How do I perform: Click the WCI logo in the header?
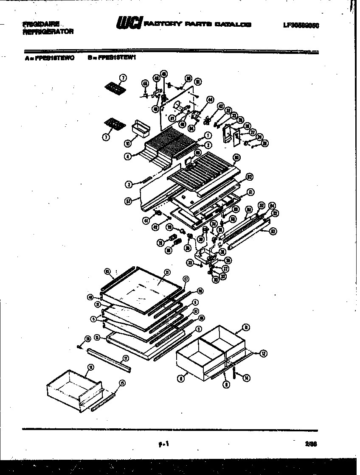(x=129, y=25)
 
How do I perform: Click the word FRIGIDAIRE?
(x=41, y=24)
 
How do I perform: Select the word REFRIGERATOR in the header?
(x=48, y=31)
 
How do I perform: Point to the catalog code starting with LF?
(x=301, y=25)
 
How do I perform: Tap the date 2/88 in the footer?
(x=311, y=444)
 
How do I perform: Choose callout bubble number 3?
(x=128, y=184)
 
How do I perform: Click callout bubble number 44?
(x=210, y=99)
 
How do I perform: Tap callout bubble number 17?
(x=126, y=358)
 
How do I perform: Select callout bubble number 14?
(x=247, y=378)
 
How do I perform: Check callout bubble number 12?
(x=264, y=353)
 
